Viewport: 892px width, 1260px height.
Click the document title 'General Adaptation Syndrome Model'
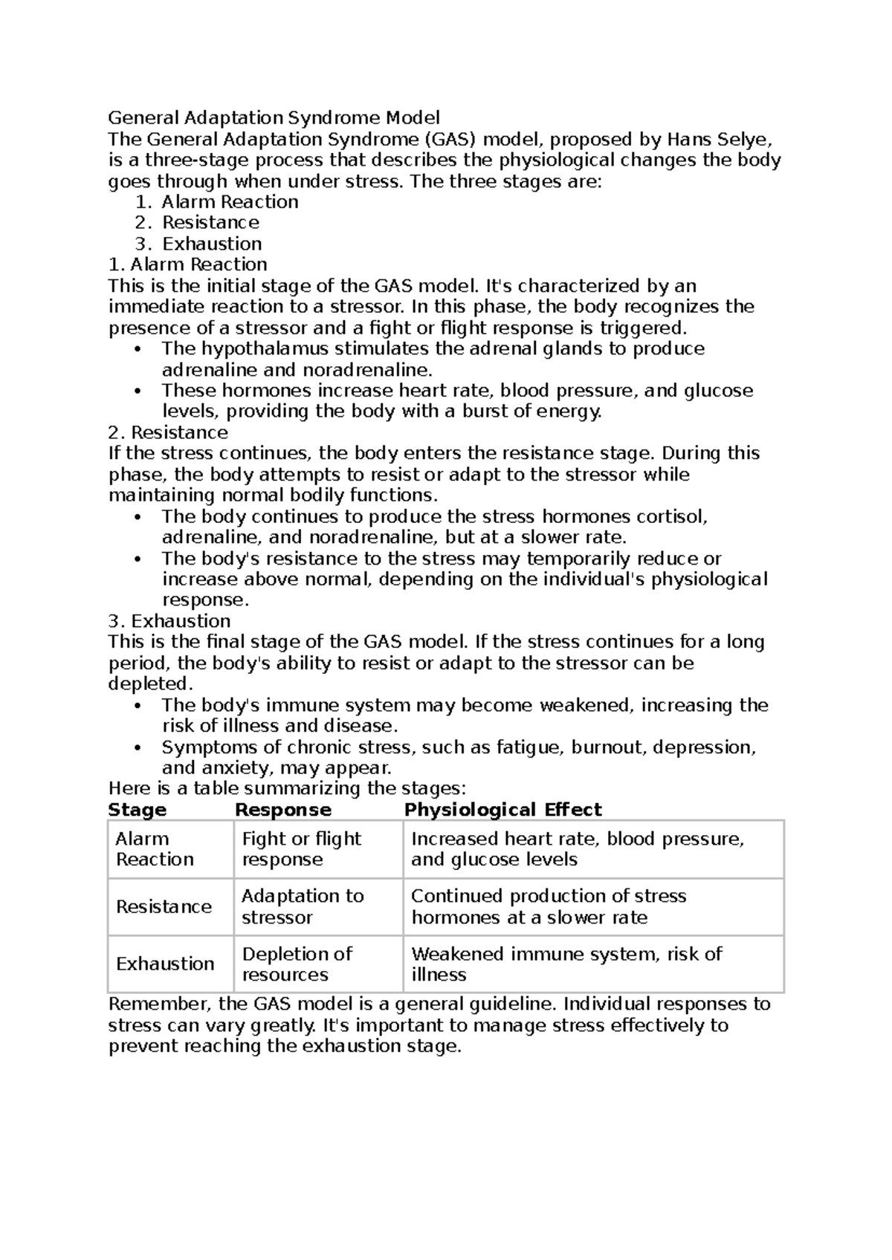click(274, 117)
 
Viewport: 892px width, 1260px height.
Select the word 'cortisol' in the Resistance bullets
click(673, 516)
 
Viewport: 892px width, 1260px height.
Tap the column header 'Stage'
click(138, 809)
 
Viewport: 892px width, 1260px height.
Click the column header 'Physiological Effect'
click(502, 809)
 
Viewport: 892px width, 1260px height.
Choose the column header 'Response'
click(282, 809)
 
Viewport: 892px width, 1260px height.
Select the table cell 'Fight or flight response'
click(301, 848)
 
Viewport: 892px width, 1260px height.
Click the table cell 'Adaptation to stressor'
click(302, 906)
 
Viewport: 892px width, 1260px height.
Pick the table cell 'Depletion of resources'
click(297, 964)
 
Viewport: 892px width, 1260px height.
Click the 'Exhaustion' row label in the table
click(165, 964)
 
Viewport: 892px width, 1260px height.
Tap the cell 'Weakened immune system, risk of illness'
click(566, 964)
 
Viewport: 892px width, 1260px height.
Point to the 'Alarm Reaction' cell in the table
click(155, 848)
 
